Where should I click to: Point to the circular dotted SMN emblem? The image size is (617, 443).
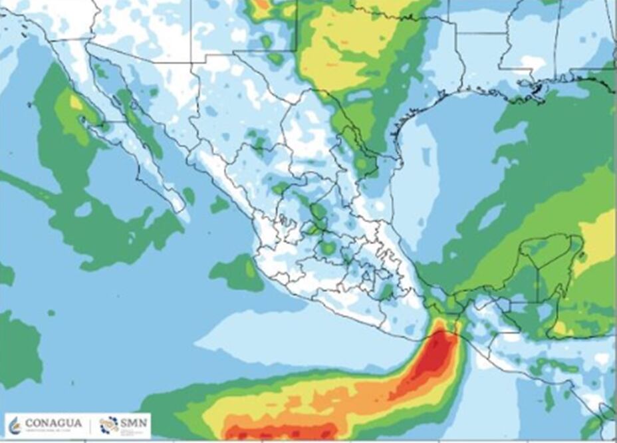click(109, 424)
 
